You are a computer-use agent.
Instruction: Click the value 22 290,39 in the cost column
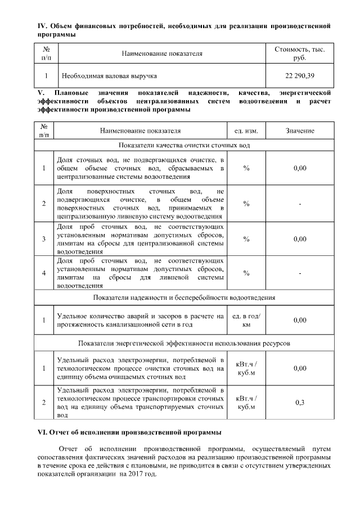299,75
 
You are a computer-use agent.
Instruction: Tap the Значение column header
299,130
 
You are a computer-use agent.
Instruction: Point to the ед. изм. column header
246,130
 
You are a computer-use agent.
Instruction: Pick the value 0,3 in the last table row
299,402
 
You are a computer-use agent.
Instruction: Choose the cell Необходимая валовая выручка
109,75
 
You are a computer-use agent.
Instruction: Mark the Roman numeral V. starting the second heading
40,92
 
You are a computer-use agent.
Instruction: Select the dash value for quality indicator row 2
299,203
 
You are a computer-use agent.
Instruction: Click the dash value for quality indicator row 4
299,273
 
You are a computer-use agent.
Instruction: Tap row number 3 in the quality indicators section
44,239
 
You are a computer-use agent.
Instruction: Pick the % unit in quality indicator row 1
246,168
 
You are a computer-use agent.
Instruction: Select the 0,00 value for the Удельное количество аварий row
299,320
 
